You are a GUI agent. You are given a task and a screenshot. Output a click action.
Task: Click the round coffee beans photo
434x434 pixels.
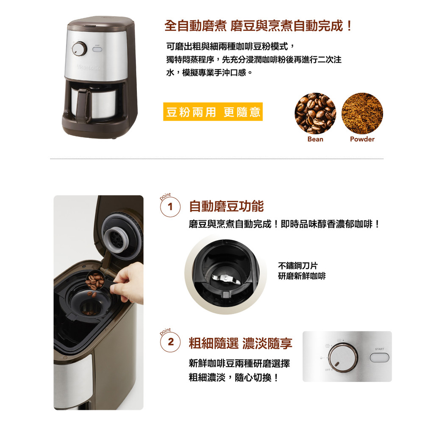tap(315, 113)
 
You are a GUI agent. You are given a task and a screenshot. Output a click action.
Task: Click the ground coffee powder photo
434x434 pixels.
tap(362, 113)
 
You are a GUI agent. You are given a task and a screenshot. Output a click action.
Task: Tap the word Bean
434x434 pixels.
tap(315, 139)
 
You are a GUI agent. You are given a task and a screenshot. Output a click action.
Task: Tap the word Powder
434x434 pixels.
tap(362, 139)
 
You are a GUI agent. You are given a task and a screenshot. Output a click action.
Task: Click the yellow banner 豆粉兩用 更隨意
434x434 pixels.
tap(213, 111)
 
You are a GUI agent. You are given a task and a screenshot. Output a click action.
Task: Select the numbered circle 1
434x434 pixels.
tap(170, 206)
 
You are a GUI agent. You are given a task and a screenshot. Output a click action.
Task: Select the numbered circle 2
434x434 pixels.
tap(170, 342)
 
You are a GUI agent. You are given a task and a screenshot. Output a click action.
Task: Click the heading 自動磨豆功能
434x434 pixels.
tap(226, 206)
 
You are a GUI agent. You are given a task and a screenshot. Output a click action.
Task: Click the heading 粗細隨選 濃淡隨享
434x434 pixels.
tap(241, 343)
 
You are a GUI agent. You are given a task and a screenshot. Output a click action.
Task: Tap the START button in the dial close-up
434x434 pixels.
tap(379, 357)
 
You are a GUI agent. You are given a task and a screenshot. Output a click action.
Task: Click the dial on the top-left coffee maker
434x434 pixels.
tap(79, 49)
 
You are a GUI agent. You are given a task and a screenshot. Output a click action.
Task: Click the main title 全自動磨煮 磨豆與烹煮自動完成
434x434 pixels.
tap(258, 26)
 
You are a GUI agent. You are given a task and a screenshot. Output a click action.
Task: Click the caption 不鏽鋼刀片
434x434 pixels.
tap(298, 266)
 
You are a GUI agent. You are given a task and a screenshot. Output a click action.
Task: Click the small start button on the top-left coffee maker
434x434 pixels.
tap(97, 50)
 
